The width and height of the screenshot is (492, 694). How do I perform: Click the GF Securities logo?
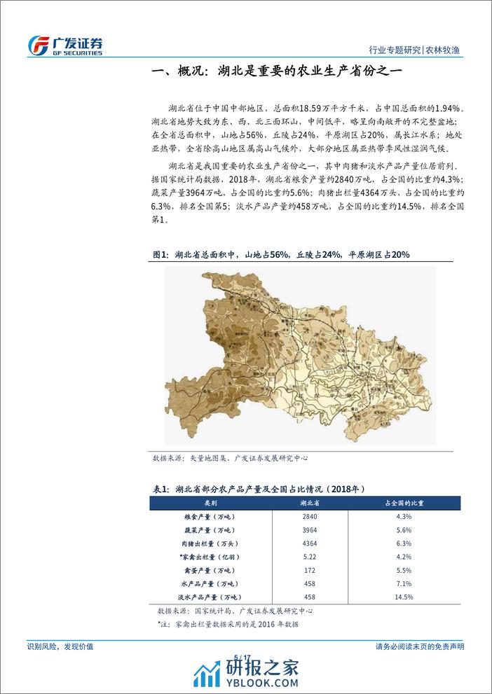pyautogui.click(x=66, y=45)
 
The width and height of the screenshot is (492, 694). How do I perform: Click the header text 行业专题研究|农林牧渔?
pyautogui.click(x=418, y=50)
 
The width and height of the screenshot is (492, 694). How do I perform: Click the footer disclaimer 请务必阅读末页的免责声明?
pyautogui.click(x=420, y=646)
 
